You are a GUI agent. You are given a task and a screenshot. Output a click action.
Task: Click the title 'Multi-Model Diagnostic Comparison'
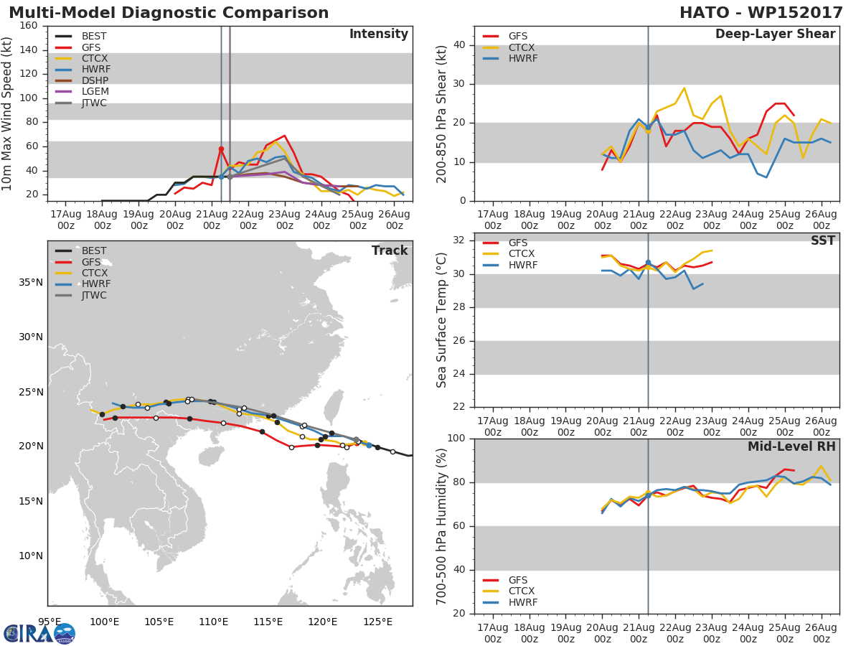169,13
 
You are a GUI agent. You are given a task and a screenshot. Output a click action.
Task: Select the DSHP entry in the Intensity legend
95,80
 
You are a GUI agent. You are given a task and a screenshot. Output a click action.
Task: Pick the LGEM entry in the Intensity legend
95,92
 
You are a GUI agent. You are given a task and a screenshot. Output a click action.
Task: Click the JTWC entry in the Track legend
95,295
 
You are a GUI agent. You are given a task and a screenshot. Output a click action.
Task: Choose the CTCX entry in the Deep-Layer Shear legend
521,47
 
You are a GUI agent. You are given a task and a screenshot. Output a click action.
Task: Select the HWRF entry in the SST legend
522,265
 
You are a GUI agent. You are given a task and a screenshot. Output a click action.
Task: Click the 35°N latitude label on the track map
30,282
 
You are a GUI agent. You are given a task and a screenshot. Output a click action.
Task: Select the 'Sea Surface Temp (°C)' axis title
442,319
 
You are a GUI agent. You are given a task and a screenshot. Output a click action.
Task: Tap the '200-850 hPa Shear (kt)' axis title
442,113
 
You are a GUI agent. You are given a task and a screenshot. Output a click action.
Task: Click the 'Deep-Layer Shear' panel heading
775,34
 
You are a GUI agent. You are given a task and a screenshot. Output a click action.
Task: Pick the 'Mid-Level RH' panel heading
791,447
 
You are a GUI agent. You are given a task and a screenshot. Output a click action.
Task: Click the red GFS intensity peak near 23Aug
284,136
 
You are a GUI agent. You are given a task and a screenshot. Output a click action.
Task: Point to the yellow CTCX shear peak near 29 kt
684,88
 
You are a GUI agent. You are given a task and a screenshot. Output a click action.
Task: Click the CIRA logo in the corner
39,632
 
